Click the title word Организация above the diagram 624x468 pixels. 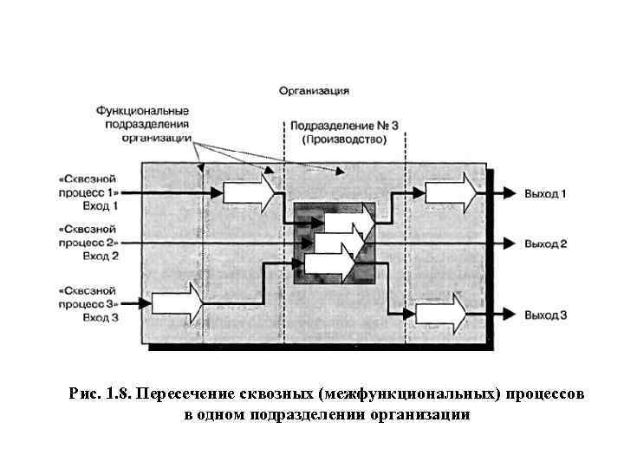tap(314, 89)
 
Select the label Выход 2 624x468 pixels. tap(545, 244)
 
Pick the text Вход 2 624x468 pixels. tap(101, 256)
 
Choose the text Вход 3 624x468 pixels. tap(101, 318)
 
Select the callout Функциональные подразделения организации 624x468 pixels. tap(143, 123)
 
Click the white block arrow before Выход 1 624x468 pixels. tap(450, 192)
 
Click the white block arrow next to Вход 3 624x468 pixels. tap(177, 303)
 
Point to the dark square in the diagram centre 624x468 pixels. tap(335, 244)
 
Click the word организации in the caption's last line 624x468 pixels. tap(422, 414)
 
